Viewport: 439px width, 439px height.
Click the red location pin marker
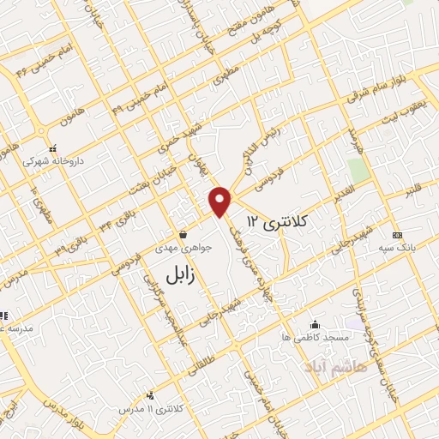[221, 201]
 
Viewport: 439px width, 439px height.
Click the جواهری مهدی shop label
[182, 250]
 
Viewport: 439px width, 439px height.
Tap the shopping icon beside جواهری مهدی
[182, 234]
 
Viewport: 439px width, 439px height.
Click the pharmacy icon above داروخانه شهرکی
[52, 147]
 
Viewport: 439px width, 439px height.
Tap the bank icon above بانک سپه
[397, 235]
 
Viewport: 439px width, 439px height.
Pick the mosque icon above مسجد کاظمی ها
[316, 324]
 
